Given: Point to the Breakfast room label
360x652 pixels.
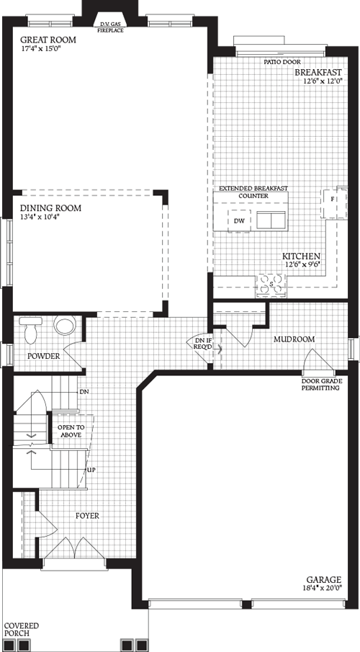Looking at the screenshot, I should tap(318, 73).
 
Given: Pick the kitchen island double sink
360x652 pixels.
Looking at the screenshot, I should tap(271, 220).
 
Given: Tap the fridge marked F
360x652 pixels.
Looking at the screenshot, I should tap(333, 200).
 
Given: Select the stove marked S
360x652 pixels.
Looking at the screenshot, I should tap(271, 285).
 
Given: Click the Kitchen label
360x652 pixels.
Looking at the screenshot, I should tap(301, 256).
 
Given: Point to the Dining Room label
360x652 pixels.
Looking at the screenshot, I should tap(50, 208).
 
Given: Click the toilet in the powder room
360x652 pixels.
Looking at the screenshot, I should tap(65, 326).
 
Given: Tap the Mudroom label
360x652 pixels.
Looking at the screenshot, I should tap(294, 337).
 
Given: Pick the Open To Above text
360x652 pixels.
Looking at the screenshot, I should tap(70, 431).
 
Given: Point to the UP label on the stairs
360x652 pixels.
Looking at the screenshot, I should tap(91, 470).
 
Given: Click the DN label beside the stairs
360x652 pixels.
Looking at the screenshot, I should tap(84, 392).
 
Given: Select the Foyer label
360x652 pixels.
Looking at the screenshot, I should tap(87, 516).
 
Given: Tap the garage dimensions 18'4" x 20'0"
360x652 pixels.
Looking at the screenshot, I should tap(320, 589).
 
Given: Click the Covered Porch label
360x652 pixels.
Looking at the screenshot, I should tap(22, 630).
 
